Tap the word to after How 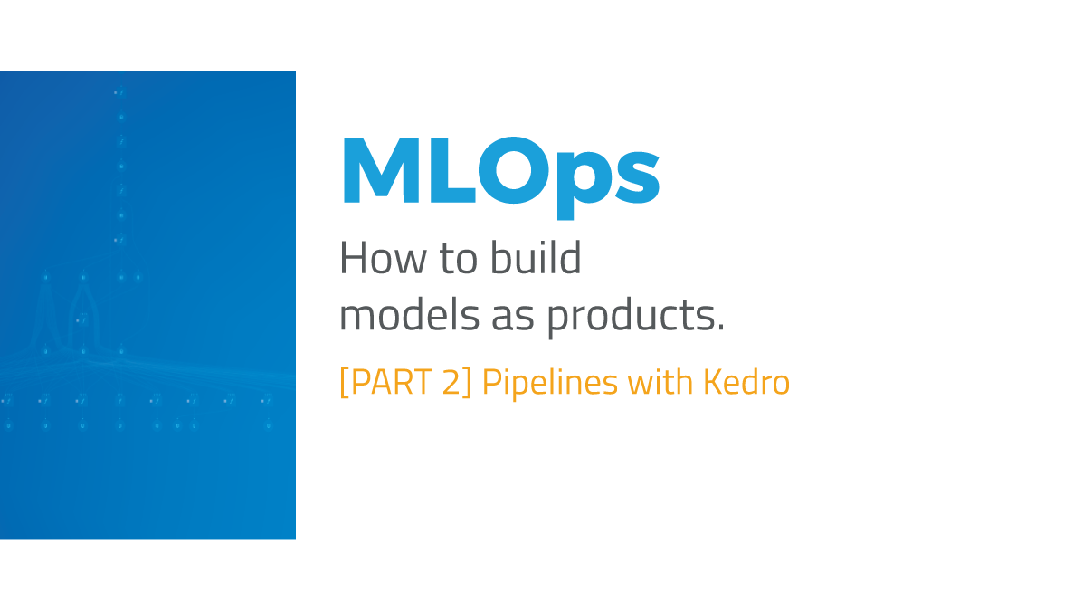pos(459,261)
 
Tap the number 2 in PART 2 pos(451,383)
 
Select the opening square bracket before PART pos(344,384)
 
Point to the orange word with pos(660,383)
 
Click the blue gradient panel pos(147,471)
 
